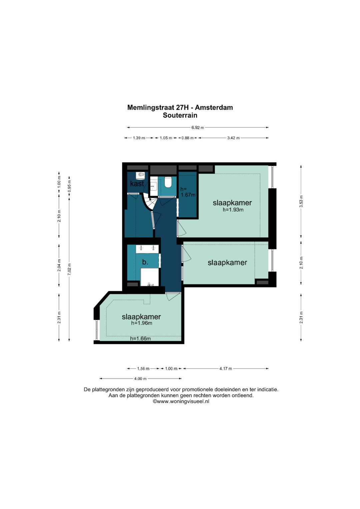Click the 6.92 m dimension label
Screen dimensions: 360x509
(x=197, y=127)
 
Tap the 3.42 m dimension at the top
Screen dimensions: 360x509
(x=233, y=138)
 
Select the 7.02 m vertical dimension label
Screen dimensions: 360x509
(x=69, y=269)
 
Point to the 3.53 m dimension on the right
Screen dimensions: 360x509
(x=301, y=201)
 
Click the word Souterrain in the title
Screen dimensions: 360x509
(x=180, y=115)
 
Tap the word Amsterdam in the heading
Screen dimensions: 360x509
(x=214, y=107)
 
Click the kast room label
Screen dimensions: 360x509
(x=137, y=183)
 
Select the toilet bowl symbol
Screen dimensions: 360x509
(x=168, y=182)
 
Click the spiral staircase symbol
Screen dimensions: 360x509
(x=149, y=202)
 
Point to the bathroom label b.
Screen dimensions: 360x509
(x=145, y=262)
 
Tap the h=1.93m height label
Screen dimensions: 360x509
(x=233, y=210)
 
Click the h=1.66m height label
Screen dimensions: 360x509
(x=140, y=339)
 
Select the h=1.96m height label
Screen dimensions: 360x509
(x=142, y=323)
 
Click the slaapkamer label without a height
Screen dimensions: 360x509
(x=227, y=262)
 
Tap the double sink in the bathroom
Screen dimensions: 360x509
(x=147, y=249)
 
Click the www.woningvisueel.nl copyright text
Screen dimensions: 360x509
(x=181, y=401)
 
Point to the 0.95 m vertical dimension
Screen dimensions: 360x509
(x=69, y=186)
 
